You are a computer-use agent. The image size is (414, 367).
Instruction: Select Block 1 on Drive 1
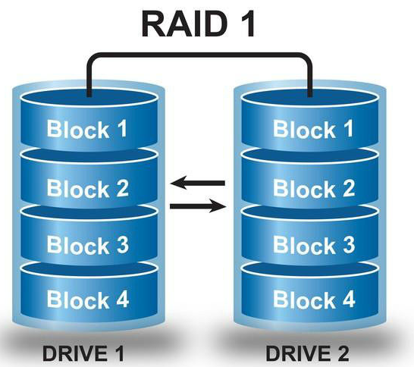click(88, 129)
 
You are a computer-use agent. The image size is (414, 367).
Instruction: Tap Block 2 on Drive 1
click(88, 187)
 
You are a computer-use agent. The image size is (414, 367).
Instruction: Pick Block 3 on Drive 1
click(88, 244)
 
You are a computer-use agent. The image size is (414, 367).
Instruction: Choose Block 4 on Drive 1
click(88, 299)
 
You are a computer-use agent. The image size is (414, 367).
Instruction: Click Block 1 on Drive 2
click(313, 129)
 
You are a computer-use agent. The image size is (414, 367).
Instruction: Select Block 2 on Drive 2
click(313, 187)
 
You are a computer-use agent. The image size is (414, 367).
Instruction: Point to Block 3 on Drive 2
click(313, 244)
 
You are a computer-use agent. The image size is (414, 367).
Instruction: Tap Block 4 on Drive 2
click(313, 299)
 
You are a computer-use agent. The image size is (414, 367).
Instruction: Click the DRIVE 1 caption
click(84, 353)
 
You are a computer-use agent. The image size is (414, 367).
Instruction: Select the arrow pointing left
click(198, 183)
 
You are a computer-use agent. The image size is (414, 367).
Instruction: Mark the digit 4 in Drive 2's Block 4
click(347, 299)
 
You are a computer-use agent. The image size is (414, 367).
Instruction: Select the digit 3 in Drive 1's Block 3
click(121, 244)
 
